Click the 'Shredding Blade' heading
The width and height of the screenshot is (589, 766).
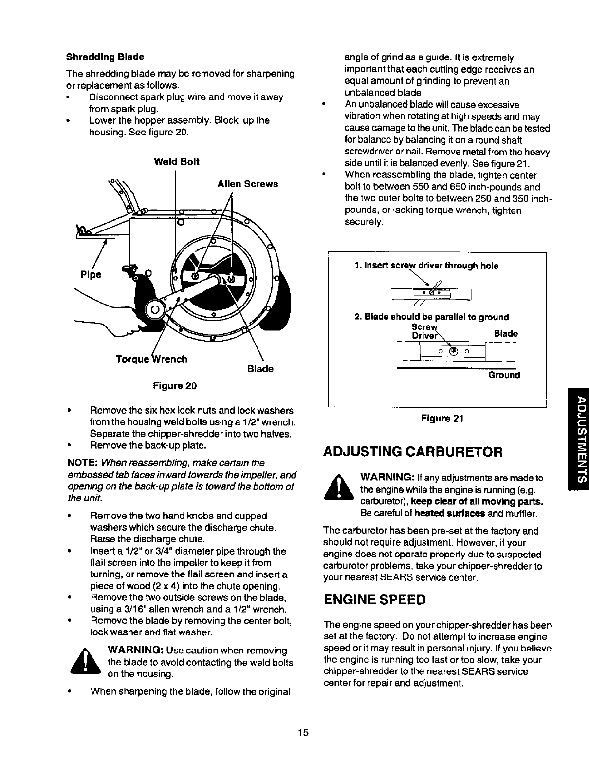pos(105,57)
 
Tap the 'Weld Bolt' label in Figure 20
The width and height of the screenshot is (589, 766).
pos(176,162)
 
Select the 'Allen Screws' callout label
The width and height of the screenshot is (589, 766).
pos(248,184)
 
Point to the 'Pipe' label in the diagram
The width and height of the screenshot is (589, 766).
pos(91,274)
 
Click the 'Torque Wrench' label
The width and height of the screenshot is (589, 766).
pos(151,359)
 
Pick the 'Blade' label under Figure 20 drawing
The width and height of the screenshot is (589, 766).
pos(260,369)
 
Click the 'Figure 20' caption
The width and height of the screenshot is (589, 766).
pos(175,386)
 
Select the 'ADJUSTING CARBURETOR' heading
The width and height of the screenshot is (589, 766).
pos(412,451)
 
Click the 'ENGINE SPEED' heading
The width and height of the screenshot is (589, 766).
pos(374,599)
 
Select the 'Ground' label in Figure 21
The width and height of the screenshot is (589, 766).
pos(504,375)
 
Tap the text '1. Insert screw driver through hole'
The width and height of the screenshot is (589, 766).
pos(426,266)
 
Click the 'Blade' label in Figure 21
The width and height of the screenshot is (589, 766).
pos(506,334)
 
